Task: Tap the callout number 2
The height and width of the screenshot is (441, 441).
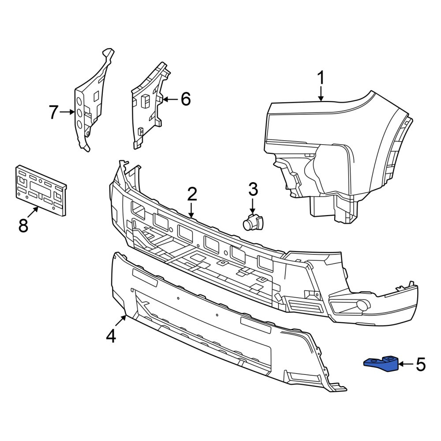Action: point(192,194)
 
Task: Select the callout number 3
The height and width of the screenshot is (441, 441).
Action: point(253,189)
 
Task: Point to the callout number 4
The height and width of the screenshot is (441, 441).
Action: point(111,336)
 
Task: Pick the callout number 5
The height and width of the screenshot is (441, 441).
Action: point(421,365)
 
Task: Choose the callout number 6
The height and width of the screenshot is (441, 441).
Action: point(186,99)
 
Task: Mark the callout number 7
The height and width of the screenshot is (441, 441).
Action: point(53,112)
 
